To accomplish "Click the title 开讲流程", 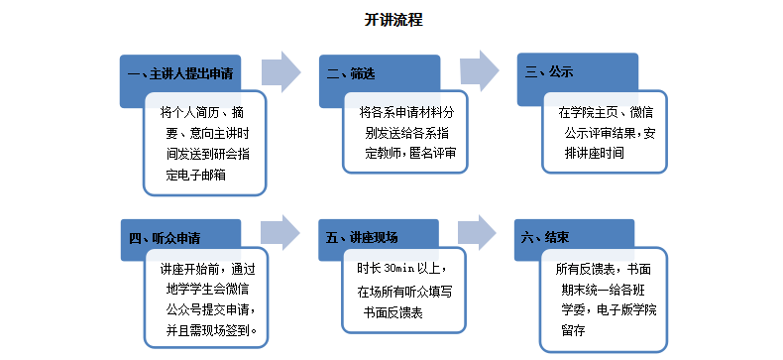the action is coord(393,20).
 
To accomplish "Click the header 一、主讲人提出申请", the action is coord(180,74).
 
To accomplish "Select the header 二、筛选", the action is coord(351,74).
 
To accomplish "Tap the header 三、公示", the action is coord(549,72).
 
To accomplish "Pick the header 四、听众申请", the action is coord(165,238).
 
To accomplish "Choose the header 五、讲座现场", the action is coord(362,237).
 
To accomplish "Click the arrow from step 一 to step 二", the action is coord(281,72).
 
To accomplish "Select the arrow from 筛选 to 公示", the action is coord(480,71).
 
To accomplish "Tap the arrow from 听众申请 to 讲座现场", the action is coord(280,232).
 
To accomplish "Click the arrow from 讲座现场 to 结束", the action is coord(478,232).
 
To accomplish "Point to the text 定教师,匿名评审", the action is coord(410,154).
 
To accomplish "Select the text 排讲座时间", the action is coord(595,154).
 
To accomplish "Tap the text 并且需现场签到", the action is coord(212,330).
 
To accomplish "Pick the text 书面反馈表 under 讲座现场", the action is coord(393,313).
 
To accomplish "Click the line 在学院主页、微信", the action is coord(606,112).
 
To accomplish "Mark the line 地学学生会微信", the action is coord(207,289).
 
